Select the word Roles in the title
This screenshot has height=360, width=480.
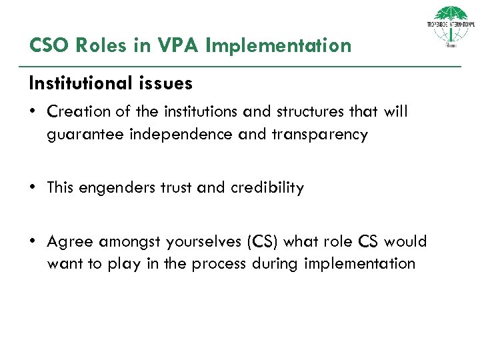coord(99,45)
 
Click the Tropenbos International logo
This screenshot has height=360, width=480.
coord(451,27)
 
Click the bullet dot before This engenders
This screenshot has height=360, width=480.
coord(33,188)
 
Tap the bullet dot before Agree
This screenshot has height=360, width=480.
coord(33,242)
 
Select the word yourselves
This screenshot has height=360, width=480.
coord(197,242)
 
